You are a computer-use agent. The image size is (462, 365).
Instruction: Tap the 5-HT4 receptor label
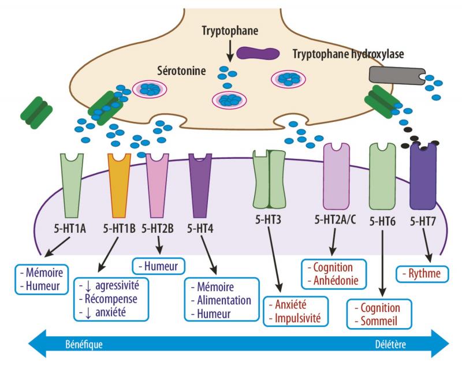click(202, 227)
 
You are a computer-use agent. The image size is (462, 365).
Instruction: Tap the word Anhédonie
click(336, 282)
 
